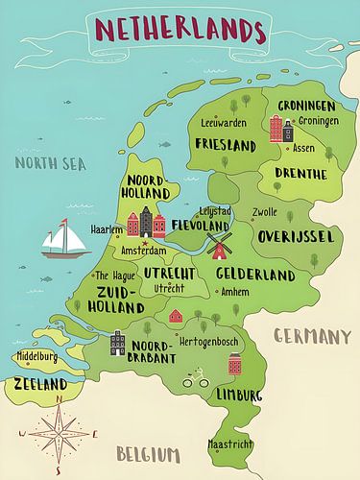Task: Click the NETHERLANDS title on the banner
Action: coord(180,31)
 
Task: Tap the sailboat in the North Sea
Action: coord(65,239)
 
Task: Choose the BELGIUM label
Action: coord(148,453)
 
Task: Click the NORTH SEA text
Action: coord(50,163)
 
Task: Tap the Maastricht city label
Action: coord(231,444)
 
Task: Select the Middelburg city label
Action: coord(37,357)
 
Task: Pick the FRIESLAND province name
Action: coord(225,145)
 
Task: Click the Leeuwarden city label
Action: coord(224,123)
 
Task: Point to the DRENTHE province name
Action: coord(300,174)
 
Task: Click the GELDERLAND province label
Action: coord(254,275)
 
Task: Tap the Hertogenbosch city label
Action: coord(210,341)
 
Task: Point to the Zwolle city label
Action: coord(264,213)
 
